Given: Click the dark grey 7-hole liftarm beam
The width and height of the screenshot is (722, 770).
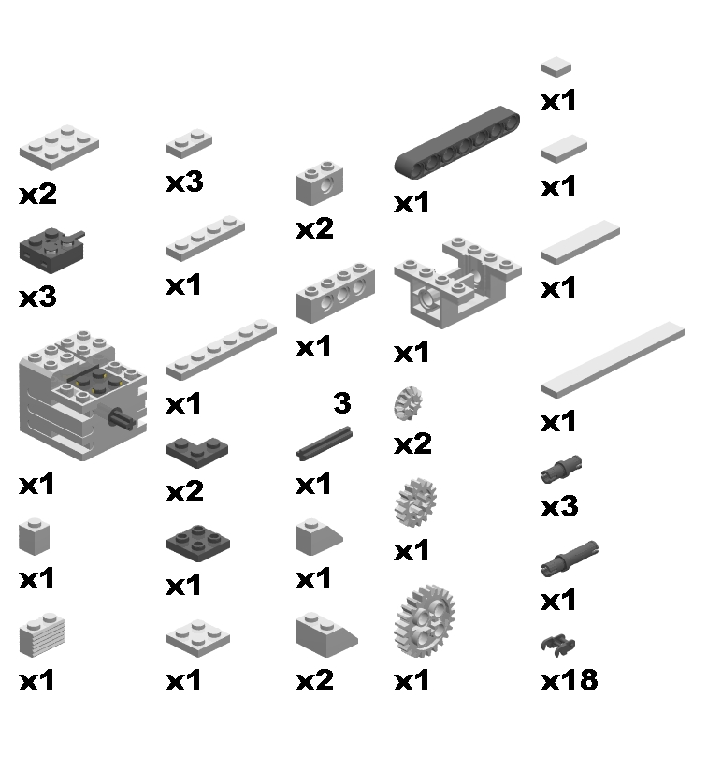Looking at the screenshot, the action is [x=457, y=141].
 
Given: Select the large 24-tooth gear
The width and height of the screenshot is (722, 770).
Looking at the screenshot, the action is [x=425, y=620].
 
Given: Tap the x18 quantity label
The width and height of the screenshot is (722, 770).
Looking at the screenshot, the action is [x=569, y=680].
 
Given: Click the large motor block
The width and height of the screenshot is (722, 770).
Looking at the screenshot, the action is [x=83, y=396].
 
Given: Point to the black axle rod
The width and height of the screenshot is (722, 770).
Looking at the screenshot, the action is [x=324, y=443].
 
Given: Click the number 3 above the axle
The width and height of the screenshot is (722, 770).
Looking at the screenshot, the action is [x=342, y=402].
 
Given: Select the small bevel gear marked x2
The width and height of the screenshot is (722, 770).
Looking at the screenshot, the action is [x=408, y=403].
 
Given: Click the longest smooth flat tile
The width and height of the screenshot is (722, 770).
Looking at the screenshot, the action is [x=613, y=359].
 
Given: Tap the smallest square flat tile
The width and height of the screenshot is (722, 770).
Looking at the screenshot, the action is [x=556, y=66].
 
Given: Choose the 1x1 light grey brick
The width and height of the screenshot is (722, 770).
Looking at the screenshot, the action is [x=34, y=537].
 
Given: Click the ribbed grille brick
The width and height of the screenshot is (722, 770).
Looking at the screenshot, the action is [x=42, y=635].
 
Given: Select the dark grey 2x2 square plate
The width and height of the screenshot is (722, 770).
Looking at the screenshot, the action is [x=197, y=544].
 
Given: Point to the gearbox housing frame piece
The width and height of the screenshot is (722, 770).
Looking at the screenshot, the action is [x=457, y=283].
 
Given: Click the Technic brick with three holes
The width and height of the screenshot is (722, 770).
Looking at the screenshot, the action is [x=335, y=293].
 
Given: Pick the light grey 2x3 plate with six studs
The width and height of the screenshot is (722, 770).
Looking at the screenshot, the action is [x=59, y=147].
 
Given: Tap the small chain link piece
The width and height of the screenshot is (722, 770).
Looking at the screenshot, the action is [x=558, y=645].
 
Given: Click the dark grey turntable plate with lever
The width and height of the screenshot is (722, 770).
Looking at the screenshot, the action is [x=51, y=250].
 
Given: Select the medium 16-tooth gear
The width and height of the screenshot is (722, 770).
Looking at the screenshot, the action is [x=415, y=502].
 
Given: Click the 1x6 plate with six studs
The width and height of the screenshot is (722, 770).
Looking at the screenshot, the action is [x=221, y=350].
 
